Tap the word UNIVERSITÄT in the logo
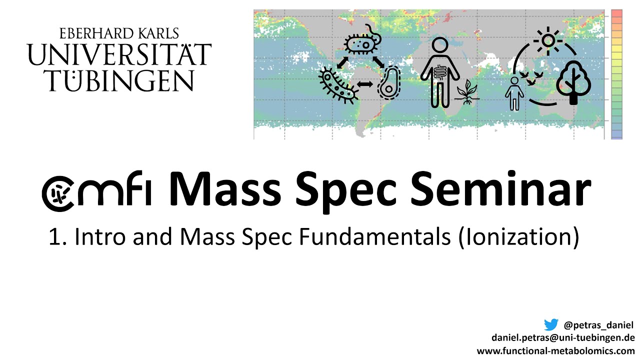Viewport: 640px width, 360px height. (119, 55)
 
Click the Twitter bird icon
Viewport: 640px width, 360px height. (550, 325)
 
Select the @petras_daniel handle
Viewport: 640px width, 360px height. (598, 325)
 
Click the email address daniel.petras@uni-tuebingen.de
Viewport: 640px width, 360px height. (563, 337)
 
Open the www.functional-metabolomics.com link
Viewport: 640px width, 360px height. (555, 350)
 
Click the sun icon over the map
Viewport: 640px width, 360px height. (548, 40)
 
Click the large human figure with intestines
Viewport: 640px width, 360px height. (439, 72)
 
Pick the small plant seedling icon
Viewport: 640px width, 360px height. (467, 93)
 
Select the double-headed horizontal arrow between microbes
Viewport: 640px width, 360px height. (365, 85)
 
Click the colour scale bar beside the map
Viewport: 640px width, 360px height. (616, 74)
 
